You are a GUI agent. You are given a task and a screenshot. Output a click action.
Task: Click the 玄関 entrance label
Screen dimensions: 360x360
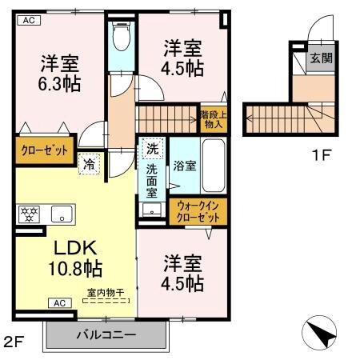coord(322,58)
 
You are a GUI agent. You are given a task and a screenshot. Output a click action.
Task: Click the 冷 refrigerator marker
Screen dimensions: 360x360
coord(89,163)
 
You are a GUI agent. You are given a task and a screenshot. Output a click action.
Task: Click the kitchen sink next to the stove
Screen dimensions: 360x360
coord(60,214)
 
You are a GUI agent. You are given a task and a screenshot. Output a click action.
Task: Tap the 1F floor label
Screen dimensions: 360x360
coord(321,154)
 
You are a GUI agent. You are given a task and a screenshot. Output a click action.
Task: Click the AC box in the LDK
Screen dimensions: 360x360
coord(59,302)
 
